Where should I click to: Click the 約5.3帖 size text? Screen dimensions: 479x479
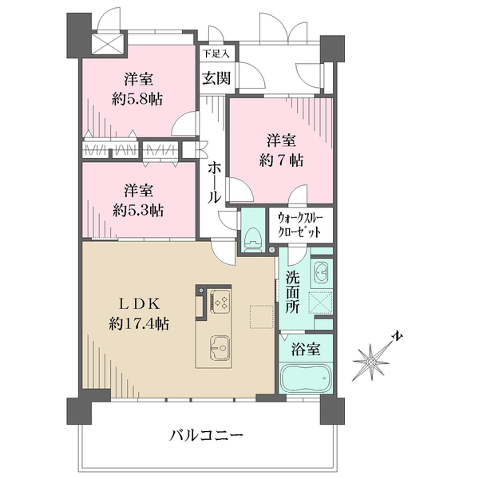coord(139,211)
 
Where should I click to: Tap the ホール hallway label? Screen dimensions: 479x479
coord(215,180)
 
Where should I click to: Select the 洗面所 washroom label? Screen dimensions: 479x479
coord(292,293)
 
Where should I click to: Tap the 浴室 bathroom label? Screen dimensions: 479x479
coord(305,349)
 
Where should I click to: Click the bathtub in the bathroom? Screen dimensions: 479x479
coord(304,378)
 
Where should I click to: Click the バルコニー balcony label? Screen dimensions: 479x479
coord(207,435)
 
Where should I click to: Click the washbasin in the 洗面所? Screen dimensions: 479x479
coord(320,271)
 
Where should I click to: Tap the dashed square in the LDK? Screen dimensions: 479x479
coord(260,315)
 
